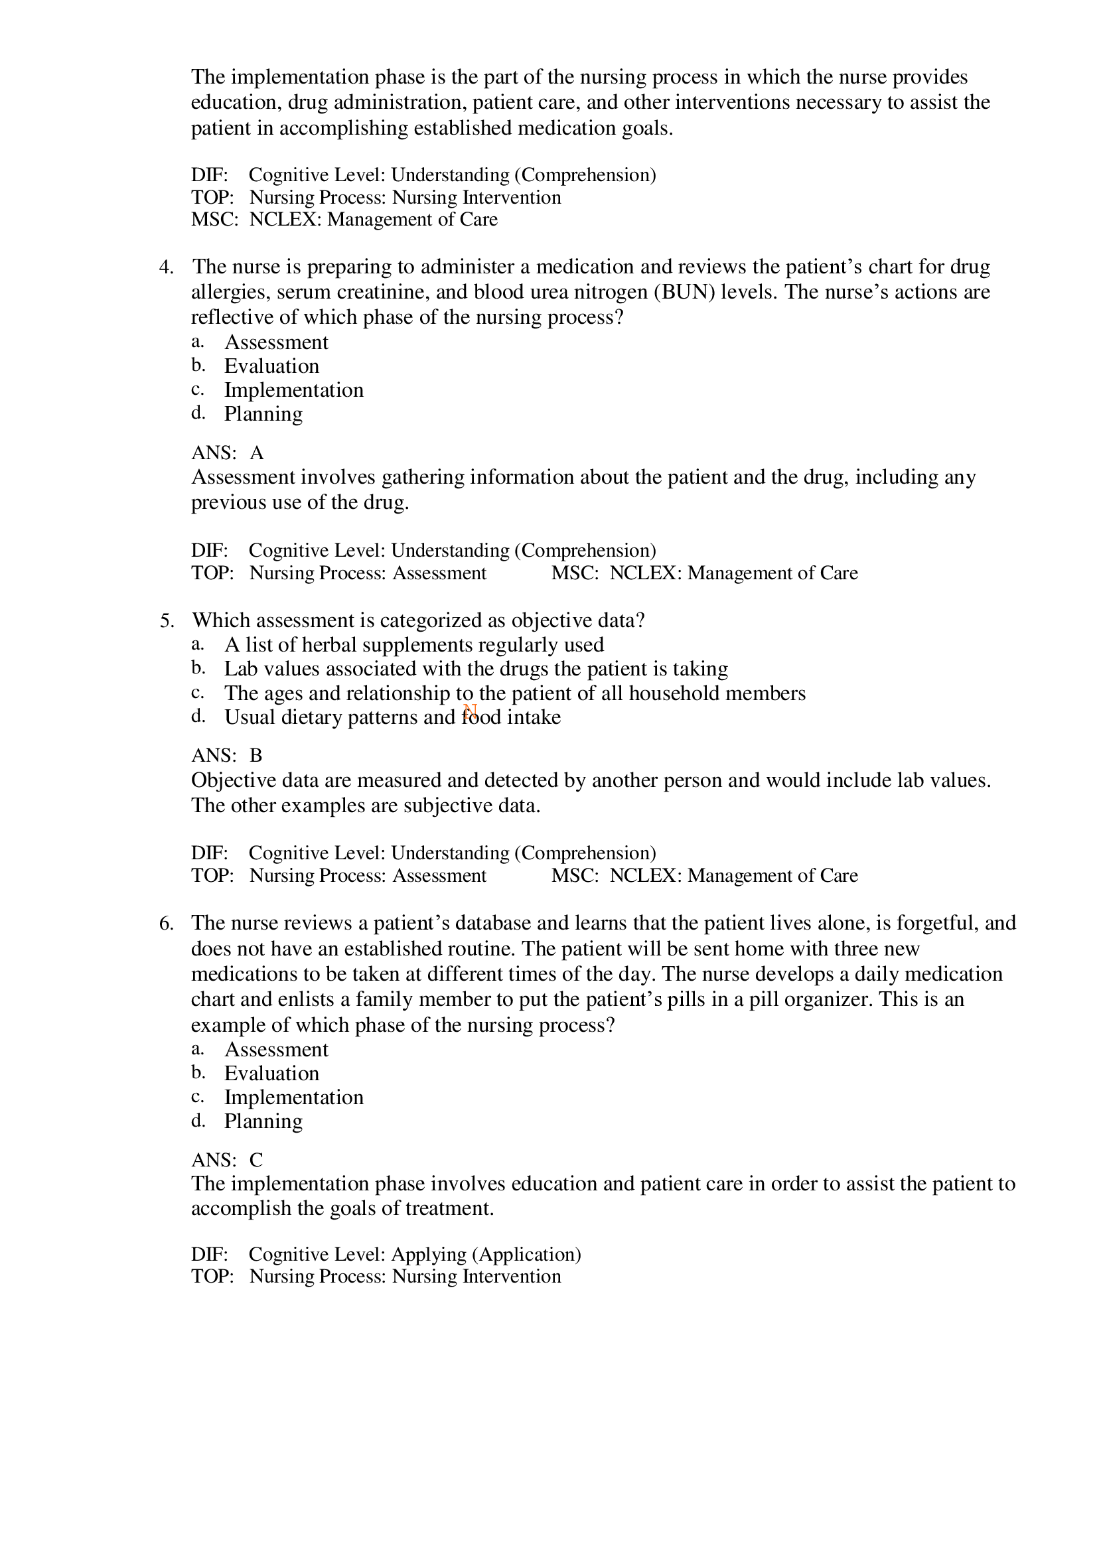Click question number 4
(x=166, y=267)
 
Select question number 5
(x=167, y=621)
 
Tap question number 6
(x=166, y=924)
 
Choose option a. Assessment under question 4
(x=275, y=342)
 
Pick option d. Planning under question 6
(x=263, y=1121)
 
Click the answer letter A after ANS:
(x=256, y=453)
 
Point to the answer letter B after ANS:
(x=256, y=756)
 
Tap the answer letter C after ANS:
(x=256, y=1161)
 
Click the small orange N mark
(x=470, y=711)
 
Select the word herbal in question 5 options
(x=328, y=645)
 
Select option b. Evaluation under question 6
(x=271, y=1074)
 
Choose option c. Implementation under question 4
(x=293, y=390)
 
